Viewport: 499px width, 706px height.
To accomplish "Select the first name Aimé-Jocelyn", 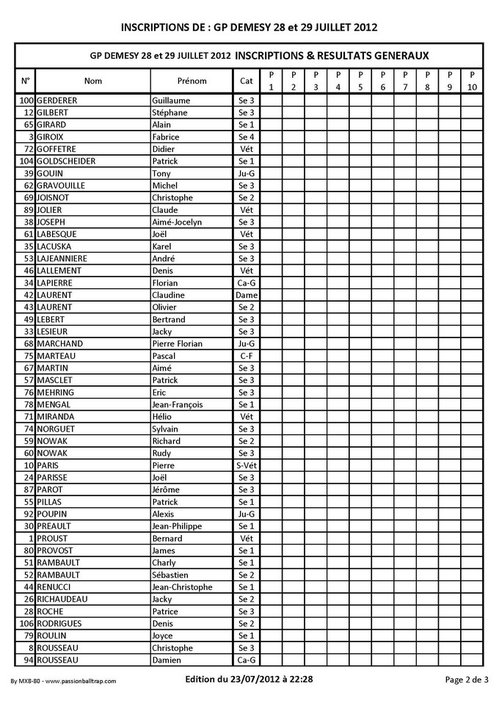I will click(x=176, y=222).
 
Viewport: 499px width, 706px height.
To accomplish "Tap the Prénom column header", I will click(x=192, y=81).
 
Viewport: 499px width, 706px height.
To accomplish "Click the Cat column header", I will click(x=246, y=81).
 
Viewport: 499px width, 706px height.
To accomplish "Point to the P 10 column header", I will click(x=472, y=81).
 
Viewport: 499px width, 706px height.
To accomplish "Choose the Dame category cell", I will click(x=246, y=295).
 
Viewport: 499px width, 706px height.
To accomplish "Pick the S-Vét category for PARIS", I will click(x=246, y=465).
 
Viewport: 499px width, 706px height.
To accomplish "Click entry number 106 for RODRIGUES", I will click(x=26, y=623).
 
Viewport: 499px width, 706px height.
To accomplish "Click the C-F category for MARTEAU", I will click(x=246, y=356).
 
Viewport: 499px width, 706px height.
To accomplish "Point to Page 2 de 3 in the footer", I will click(x=467, y=680).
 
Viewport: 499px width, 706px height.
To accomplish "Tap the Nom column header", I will click(x=93, y=81).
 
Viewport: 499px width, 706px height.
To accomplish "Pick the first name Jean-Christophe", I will click(x=181, y=587).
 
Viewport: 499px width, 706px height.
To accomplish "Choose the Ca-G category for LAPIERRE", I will click(x=246, y=283).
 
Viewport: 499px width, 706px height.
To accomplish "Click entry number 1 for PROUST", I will click(x=32, y=538).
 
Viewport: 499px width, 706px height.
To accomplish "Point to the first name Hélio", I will click(x=161, y=416).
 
